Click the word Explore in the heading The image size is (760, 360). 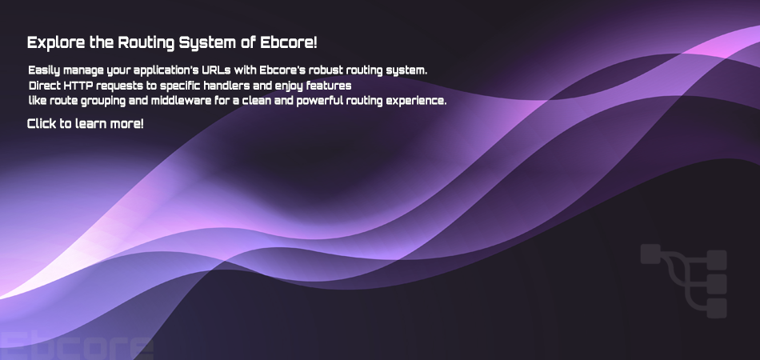pos(56,42)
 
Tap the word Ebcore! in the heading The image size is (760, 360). pos(289,42)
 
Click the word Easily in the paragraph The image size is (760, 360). pos(44,70)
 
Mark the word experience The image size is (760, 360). pos(419,102)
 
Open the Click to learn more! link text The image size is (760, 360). pos(86,123)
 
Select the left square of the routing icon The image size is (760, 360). pos(650,254)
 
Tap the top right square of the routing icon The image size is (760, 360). pos(717,260)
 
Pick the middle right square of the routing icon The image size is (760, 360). pos(717,284)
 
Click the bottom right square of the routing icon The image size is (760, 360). pos(717,308)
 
